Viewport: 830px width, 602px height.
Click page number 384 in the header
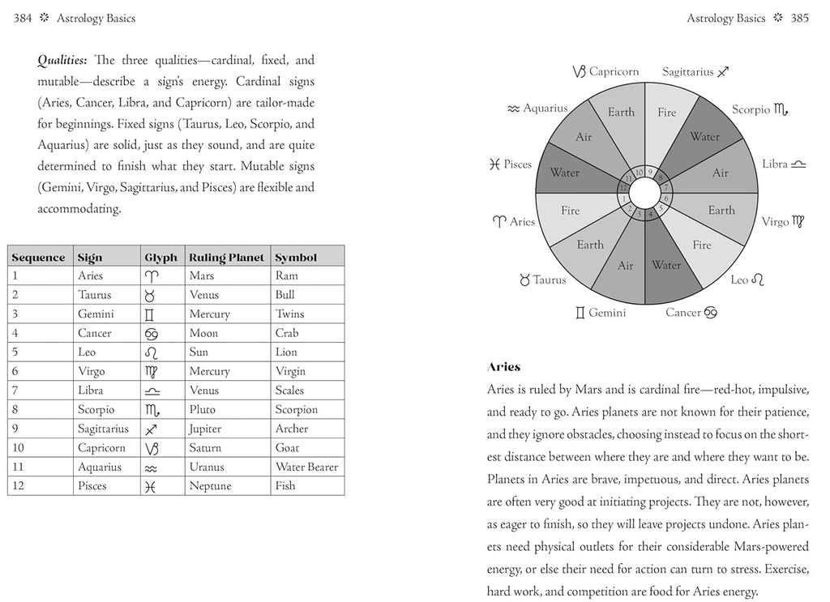[x=23, y=18]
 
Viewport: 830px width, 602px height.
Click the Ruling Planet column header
[x=226, y=258]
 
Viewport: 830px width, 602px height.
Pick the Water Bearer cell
[x=306, y=468]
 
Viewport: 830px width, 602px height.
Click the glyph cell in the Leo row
[x=151, y=352]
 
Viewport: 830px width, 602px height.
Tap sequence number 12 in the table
[x=15, y=486]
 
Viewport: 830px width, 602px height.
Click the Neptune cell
[x=210, y=486]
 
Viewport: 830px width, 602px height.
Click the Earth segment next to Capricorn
[x=621, y=113]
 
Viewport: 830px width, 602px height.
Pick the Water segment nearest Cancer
[x=666, y=266]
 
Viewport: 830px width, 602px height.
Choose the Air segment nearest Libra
[x=720, y=173]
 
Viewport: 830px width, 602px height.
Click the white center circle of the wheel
[x=644, y=194]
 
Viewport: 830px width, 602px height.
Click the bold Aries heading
[x=503, y=368]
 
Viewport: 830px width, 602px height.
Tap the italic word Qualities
[x=64, y=61]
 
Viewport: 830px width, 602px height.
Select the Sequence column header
[x=38, y=258]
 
